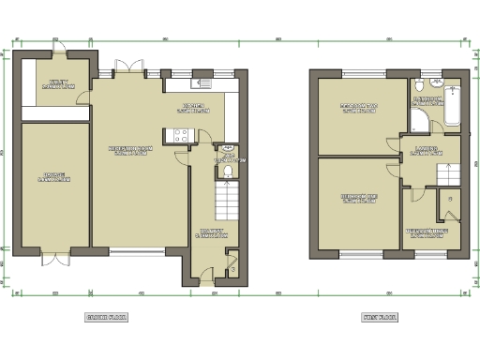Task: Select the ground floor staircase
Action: (226, 199)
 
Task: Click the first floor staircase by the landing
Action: (448, 174)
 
